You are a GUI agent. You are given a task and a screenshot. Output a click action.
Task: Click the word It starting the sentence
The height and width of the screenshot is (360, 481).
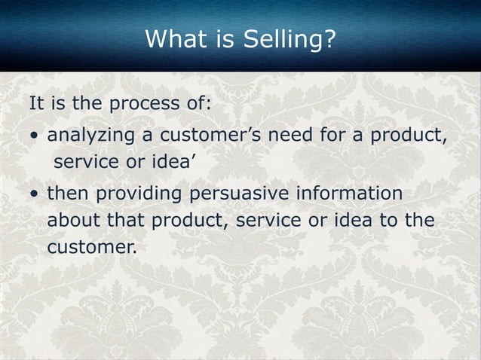pyautogui.click(x=37, y=103)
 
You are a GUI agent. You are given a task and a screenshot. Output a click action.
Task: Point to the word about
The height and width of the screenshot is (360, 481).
pyautogui.click(x=72, y=221)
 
